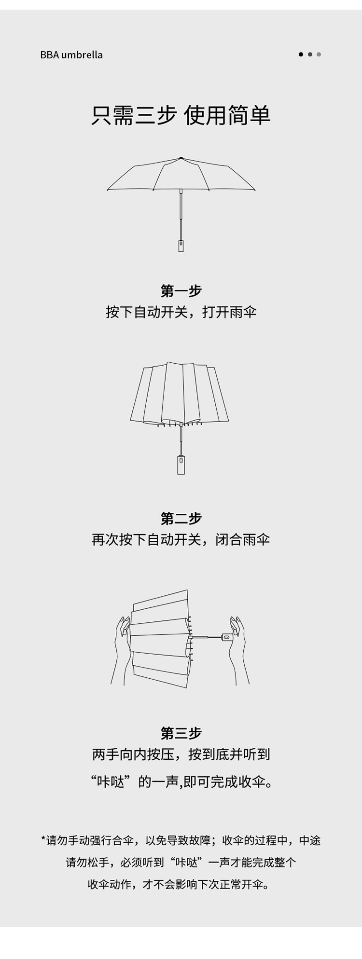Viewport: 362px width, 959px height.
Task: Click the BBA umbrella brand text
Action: [71, 55]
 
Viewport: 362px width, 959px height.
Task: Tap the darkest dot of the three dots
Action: [301, 55]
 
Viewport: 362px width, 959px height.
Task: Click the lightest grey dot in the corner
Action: [319, 55]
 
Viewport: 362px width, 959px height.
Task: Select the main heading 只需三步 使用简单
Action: [181, 116]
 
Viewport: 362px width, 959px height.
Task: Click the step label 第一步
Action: [181, 291]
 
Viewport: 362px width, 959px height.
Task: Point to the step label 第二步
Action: [181, 519]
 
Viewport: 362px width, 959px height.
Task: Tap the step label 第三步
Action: [181, 733]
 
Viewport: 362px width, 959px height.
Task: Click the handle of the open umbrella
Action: [181, 245]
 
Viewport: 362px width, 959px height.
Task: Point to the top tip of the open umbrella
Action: [181, 158]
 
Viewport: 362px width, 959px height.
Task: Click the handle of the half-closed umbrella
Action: [181, 465]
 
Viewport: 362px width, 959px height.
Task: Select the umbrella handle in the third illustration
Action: [227, 637]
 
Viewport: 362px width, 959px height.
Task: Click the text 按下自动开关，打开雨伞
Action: [181, 312]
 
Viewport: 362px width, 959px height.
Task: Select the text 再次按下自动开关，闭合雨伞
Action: [181, 539]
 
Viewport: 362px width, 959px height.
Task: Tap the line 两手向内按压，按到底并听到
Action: [181, 754]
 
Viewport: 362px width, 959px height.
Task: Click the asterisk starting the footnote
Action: [43, 839]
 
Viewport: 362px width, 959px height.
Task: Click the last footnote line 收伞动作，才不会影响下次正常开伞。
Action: [181, 884]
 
